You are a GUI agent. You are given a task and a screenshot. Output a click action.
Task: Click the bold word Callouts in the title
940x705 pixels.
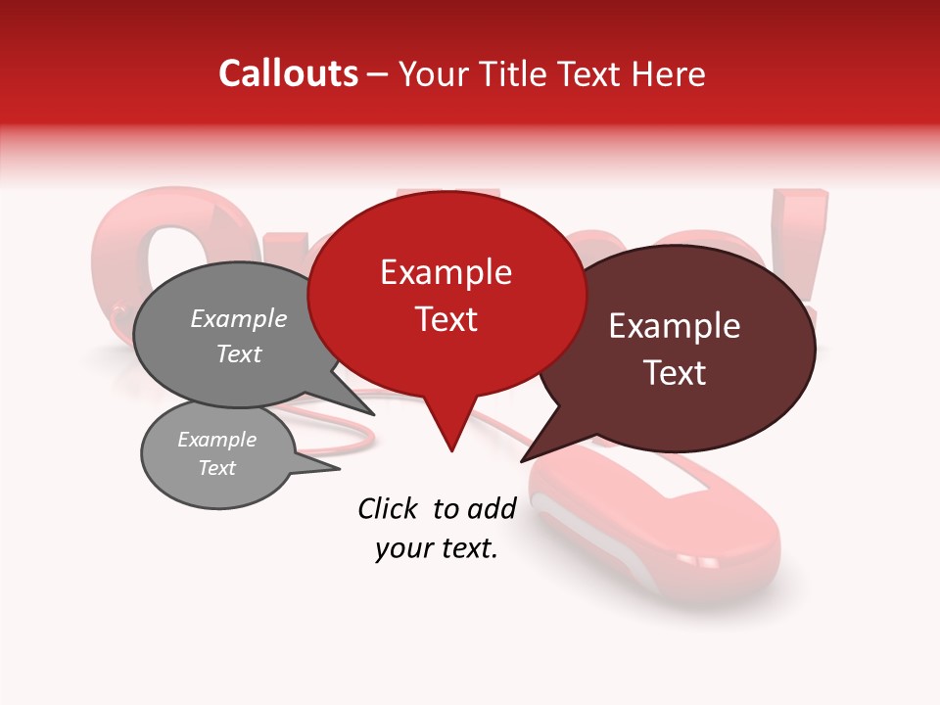click(288, 73)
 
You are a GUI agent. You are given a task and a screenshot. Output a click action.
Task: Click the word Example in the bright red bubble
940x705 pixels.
click(446, 272)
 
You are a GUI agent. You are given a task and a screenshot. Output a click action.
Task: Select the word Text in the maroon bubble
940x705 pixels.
click(675, 373)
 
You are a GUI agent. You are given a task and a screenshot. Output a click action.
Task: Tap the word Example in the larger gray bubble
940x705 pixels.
click(238, 319)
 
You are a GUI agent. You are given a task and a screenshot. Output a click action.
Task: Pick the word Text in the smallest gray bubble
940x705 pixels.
click(216, 468)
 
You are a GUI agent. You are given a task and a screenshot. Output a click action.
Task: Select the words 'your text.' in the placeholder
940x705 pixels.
click(436, 548)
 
